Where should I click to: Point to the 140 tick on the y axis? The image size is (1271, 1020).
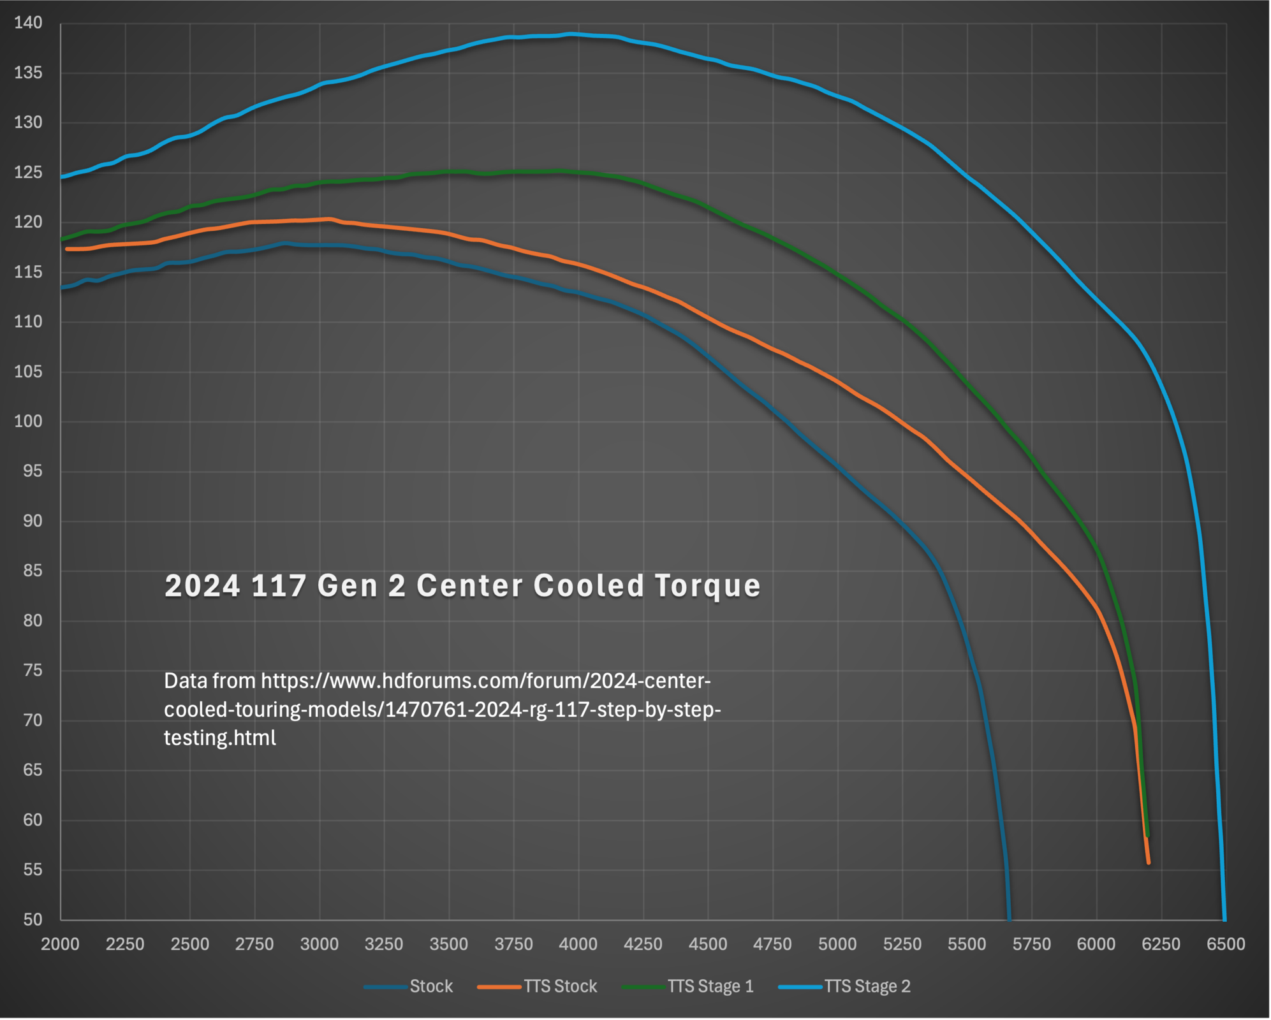(x=28, y=23)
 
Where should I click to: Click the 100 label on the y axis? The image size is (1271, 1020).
(x=28, y=421)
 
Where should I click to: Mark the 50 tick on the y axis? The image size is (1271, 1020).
(x=33, y=919)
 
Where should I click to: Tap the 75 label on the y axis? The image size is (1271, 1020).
(x=33, y=670)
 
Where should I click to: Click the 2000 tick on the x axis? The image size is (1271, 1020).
(x=61, y=944)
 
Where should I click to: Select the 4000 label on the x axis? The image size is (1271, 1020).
(x=578, y=944)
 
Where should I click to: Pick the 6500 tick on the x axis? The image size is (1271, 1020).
(x=1226, y=944)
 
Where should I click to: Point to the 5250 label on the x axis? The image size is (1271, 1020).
(x=902, y=944)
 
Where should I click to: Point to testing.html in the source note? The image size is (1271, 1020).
(x=220, y=738)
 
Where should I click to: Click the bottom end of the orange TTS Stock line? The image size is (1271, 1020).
(x=1149, y=863)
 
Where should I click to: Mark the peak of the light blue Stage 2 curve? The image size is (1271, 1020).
(x=571, y=34)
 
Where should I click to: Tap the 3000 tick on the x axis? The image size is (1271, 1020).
(x=320, y=944)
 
